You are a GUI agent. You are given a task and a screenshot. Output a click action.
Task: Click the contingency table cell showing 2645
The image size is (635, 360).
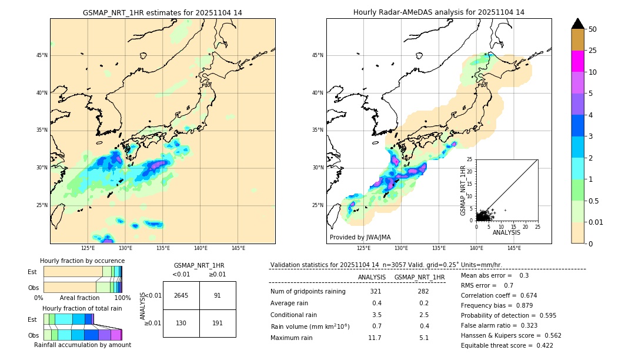(x=181, y=295)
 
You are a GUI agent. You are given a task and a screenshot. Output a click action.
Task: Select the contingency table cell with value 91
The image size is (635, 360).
(x=218, y=295)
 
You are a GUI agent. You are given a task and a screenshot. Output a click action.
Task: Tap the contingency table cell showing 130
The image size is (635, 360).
(x=181, y=323)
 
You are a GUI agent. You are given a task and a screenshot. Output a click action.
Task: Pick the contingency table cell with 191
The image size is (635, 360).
(x=218, y=323)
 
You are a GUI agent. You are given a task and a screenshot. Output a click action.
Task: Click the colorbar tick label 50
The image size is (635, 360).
(x=593, y=29)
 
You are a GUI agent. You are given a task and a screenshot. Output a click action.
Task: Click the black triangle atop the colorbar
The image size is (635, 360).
(x=578, y=24)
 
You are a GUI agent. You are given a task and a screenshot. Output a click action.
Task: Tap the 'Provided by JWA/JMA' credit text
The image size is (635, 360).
(x=360, y=238)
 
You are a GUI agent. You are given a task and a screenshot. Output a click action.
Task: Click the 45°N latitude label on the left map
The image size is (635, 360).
(x=42, y=55)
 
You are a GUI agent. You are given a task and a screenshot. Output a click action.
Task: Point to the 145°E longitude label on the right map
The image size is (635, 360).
(x=514, y=248)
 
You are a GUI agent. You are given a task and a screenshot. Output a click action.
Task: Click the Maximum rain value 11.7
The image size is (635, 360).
(x=375, y=338)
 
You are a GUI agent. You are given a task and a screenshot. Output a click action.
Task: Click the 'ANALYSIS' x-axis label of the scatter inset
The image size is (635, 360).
(x=506, y=233)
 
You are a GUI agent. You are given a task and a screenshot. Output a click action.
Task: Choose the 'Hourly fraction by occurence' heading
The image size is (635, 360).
(x=82, y=261)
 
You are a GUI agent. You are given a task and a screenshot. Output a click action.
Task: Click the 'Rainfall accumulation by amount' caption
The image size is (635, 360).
(x=82, y=345)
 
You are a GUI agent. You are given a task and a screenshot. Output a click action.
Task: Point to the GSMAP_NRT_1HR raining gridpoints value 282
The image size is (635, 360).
(x=423, y=291)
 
